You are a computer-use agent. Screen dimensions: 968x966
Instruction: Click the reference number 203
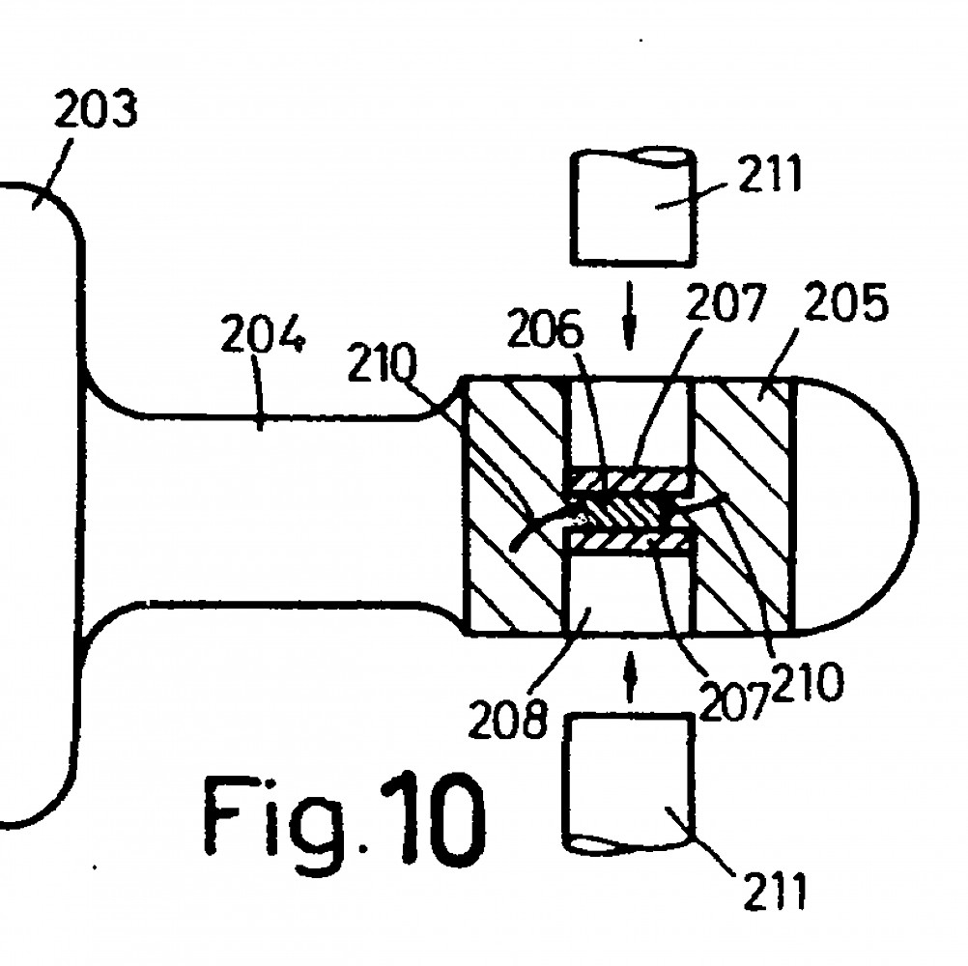(96, 109)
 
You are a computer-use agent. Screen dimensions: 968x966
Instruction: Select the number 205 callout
(845, 302)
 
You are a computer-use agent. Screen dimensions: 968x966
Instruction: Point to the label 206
(545, 329)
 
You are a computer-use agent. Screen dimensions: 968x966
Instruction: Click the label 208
(507, 719)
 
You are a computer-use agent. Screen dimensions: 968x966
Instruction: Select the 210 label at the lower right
(807, 681)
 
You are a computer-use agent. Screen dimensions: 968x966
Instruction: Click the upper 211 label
(769, 174)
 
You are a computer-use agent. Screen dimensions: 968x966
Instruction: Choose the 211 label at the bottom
(776, 891)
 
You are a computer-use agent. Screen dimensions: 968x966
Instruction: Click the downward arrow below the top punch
(629, 316)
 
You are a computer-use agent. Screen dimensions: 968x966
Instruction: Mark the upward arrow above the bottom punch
(630, 676)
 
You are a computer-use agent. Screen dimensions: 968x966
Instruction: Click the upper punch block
(636, 208)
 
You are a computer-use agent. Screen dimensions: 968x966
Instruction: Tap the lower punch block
(629, 783)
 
